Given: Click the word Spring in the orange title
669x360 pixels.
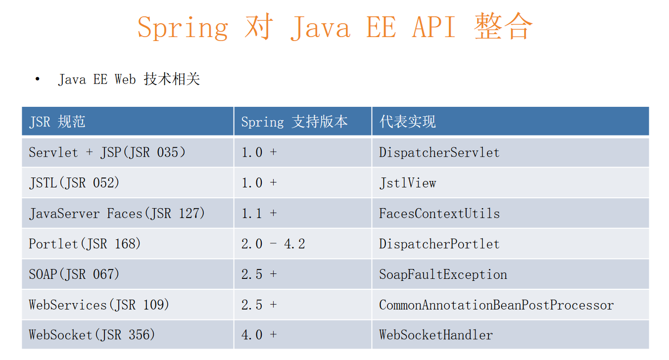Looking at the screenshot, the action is tap(183, 28).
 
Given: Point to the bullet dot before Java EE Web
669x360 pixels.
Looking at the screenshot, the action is tap(37, 79).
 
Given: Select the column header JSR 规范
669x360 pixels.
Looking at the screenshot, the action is tap(57, 122).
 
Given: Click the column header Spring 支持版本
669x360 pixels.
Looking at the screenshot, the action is tap(294, 122).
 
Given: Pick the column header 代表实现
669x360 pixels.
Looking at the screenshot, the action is tap(407, 122).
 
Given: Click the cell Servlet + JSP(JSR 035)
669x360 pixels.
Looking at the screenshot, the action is tap(107, 152).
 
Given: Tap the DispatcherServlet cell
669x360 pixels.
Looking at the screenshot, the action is tap(439, 152).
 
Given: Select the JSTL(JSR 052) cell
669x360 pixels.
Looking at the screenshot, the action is tap(74, 183).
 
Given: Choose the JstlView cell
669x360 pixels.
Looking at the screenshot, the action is tap(408, 183).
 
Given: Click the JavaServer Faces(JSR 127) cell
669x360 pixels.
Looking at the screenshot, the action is tap(117, 214).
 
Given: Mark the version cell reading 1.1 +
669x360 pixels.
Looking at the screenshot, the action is tap(259, 214).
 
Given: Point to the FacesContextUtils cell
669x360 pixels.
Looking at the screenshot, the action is tap(439, 214).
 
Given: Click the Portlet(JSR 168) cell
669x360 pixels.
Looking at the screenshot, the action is tap(85, 244).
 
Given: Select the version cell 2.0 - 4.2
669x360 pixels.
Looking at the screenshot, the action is tap(273, 244).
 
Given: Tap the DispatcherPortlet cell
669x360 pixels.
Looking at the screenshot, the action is tap(439, 244).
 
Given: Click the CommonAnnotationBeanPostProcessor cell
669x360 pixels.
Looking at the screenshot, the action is tap(496, 305).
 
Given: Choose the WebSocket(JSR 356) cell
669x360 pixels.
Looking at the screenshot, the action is tap(92, 335).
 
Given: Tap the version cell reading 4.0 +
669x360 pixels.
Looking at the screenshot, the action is tap(259, 335).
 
